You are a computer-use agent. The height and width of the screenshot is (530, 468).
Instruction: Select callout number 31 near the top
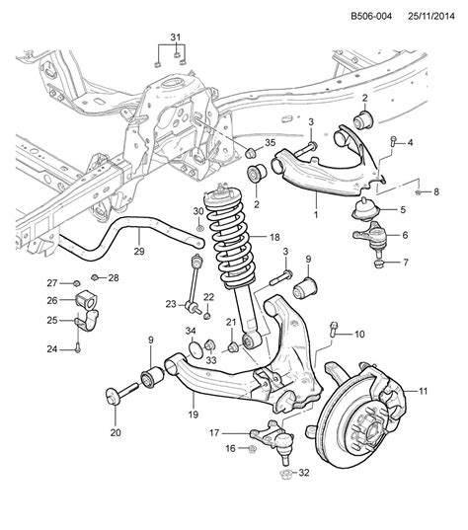coord(176,38)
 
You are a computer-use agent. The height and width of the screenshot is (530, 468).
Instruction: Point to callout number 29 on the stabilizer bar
coord(138,252)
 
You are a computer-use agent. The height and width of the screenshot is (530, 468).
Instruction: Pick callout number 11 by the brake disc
coord(424,391)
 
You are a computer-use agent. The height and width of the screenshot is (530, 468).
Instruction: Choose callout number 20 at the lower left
coord(116,430)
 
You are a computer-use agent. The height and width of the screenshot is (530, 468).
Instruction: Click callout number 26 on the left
coord(52,301)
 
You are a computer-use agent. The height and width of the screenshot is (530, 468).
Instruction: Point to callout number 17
coord(213,431)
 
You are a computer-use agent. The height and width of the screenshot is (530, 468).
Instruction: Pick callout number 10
coord(359,334)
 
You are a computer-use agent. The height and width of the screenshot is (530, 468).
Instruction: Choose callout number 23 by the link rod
coord(171,305)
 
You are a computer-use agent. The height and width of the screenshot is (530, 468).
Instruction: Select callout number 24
coord(52,348)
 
